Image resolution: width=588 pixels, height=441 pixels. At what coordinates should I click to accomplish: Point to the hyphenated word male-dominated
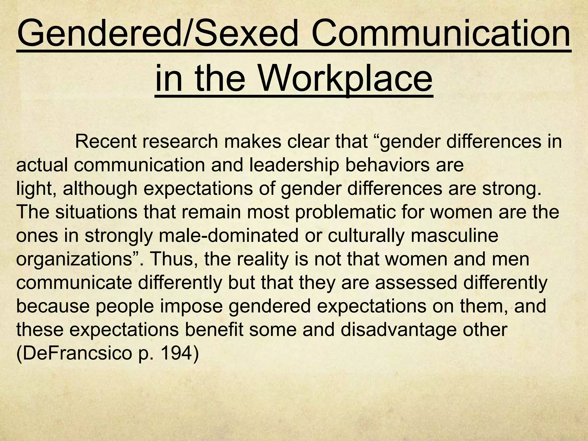[229, 236]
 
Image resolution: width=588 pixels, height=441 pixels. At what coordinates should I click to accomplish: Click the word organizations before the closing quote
[73, 259]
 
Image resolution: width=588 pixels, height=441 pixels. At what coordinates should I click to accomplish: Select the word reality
[252, 259]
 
